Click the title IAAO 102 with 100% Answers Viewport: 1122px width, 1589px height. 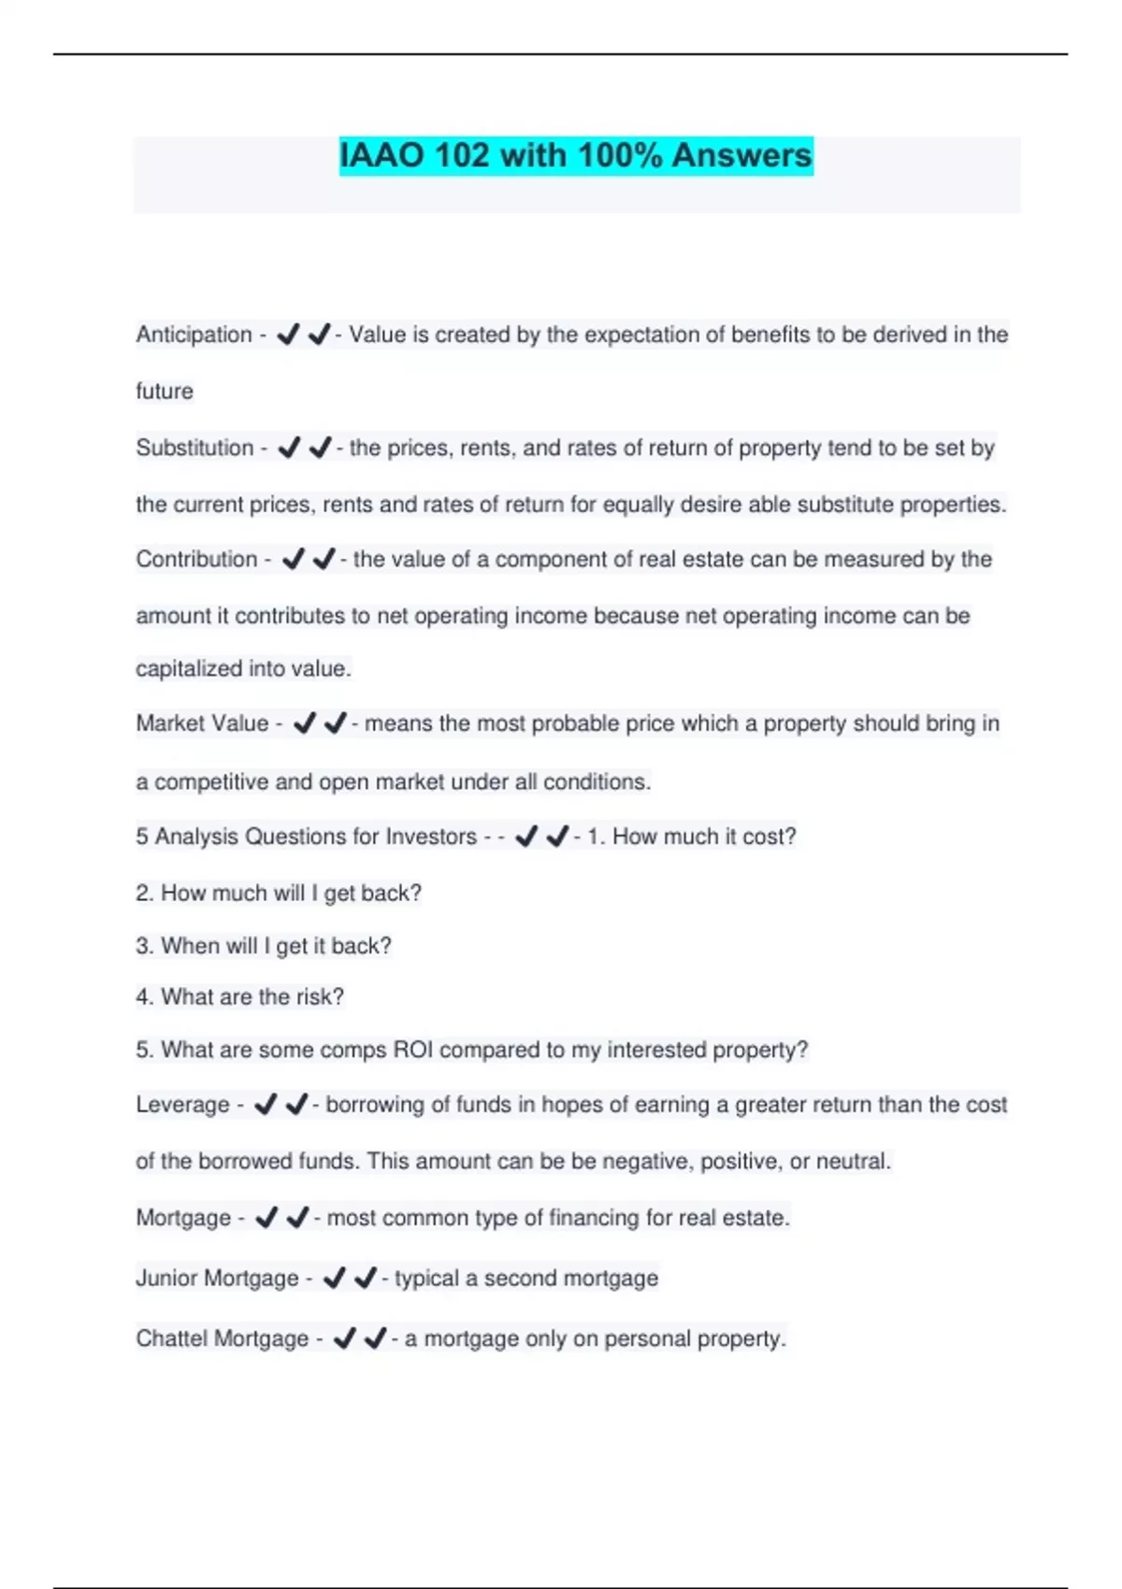click(x=575, y=155)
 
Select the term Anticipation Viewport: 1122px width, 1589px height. click(x=194, y=335)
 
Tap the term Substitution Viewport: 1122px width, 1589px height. click(x=194, y=448)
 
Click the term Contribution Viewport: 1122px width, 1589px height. click(x=196, y=559)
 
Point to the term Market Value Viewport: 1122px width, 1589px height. click(x=202, y=723)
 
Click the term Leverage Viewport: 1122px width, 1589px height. click(x=182, y=1105)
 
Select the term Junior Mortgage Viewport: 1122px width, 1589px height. click(x=217, y=1278)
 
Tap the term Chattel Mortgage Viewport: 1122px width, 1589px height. click(x=222, y=1338)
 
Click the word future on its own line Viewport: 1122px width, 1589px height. click(x=165, y=391)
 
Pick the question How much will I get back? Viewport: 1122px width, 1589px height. click(x=291, y=894)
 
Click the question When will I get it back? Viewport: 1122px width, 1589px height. click(x=276, y=946)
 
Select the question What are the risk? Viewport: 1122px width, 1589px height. click(x=252, y=997)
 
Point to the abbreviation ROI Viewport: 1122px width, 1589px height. click(x=412, y=1050)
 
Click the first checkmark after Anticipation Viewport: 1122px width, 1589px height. click(x=288, y=334)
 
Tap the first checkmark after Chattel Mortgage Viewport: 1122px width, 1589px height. click(x=344, y=1338)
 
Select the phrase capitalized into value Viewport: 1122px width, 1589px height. click(x=243, y=669)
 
